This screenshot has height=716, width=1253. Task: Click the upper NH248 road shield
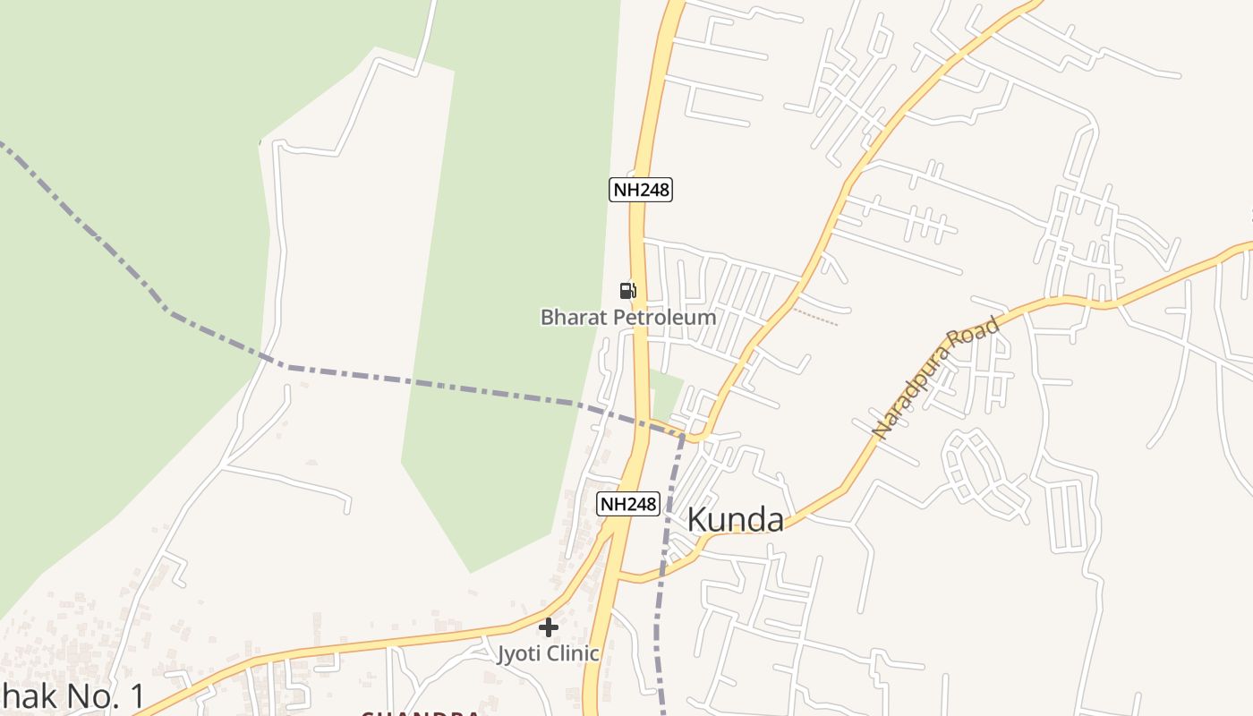[x=641, y=190]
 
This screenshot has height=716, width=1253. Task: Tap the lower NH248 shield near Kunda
[x=628, y=504]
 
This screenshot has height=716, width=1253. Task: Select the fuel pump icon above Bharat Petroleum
[x=628, y=290]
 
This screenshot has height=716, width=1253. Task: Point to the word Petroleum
[x=660, y=318]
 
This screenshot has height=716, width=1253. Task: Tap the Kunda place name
[x=735, y=520]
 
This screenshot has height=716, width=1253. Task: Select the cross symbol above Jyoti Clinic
[x=549, y=627]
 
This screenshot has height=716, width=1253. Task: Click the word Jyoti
[x=519, y=653]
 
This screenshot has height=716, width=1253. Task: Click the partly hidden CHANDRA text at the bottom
[x=420, y=713]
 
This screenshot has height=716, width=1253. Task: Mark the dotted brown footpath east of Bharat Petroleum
[x=814, y=317]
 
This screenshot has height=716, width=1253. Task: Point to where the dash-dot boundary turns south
[x=683, y=437]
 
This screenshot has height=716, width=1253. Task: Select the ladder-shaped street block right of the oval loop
[x=1065, y=516]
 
